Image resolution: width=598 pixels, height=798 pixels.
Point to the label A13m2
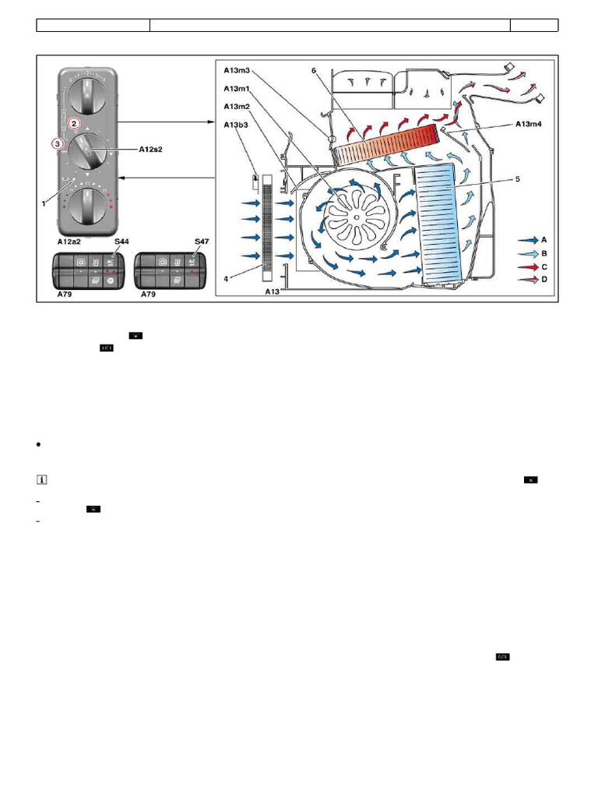click(x=237, y=107)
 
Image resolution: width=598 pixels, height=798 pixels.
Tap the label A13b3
click(x=237, y=125)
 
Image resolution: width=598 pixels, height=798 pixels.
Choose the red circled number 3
click(x=56, y=143)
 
